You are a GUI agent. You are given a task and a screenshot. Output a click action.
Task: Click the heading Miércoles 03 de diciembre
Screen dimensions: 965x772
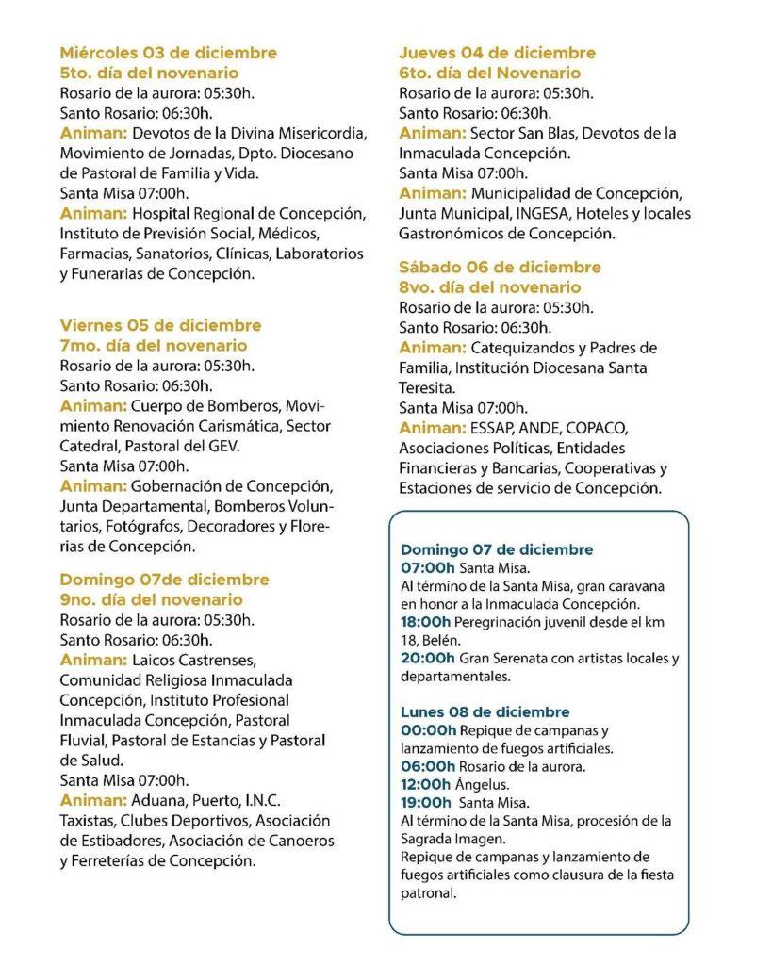click(x=168, y=53)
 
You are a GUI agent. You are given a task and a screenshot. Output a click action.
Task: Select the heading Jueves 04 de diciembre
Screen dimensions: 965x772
click(x=497, y=53)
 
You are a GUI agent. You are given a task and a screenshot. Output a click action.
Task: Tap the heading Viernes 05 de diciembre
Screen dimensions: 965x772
click(x=160, y=325)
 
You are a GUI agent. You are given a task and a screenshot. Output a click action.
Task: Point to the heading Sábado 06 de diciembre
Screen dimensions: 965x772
click(x=500, y=268)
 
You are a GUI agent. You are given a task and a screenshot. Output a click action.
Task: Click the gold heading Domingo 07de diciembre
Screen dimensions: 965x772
click(x=164, y=580)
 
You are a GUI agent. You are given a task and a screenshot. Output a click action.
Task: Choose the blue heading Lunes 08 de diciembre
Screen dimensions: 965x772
click(x=485, y=711)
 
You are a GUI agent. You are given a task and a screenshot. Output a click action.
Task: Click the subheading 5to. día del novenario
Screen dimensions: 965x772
click(x=149, y=73)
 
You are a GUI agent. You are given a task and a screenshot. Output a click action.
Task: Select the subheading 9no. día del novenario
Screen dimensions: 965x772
click(x=151, y=599)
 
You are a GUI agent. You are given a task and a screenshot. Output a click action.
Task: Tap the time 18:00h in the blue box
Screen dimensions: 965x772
click(x=426, y=622)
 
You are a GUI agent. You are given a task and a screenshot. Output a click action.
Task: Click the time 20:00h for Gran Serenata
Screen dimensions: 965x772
click(x=426, y=658)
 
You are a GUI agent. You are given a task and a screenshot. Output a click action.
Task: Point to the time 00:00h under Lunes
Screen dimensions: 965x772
click(x=428, y=730)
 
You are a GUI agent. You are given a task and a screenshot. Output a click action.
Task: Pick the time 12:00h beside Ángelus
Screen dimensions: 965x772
click(x=426, y=784)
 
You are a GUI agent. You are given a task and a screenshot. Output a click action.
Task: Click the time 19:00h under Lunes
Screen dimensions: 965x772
click(x=426, y=803)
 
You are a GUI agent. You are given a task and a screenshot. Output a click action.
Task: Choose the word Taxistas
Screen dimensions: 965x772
click(x=87, y=821)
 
